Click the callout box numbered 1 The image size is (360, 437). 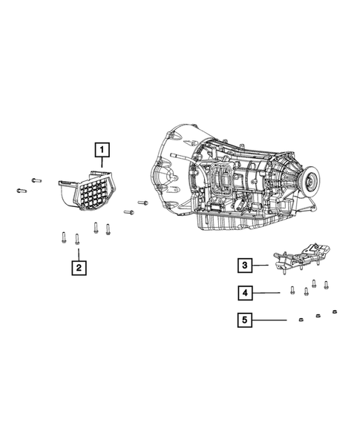tap(102, 150)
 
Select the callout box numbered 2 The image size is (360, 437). tap(79, 268)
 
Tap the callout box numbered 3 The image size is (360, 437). tap(245, 265)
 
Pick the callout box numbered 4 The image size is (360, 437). tap(245, 293)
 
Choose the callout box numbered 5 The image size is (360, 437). tap(245, 320)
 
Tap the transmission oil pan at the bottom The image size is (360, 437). tap(234, 223)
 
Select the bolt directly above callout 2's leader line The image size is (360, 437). tap(77, 239)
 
